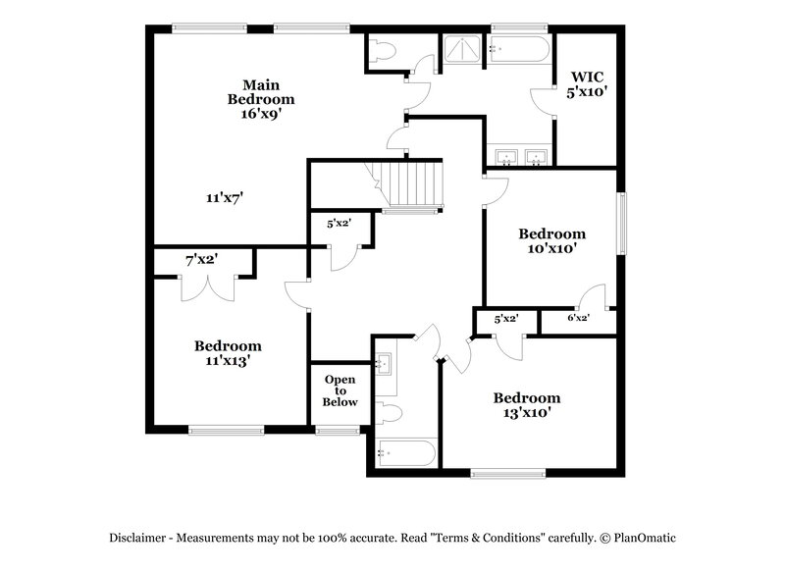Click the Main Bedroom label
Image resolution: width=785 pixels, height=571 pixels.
[x=261, y=99]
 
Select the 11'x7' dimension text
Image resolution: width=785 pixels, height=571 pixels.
[x=225, y=197]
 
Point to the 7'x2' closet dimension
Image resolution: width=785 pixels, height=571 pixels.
[x=201, y=259]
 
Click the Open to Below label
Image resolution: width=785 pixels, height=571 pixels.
[x=340, y=390]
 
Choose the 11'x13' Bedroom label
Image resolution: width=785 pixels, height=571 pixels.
[x=228, y=352]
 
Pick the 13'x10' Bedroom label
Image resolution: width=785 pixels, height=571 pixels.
[x=527, y=405]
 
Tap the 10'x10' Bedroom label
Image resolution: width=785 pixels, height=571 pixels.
[x=552, y=241]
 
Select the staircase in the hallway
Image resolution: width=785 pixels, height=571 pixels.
[x=408, y=183]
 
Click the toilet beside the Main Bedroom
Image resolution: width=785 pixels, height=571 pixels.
[x=383, y=50]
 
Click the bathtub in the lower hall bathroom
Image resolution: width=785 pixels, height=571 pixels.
[x=403, y=454]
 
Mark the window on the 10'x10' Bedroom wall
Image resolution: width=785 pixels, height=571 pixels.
[x=620, y=223]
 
